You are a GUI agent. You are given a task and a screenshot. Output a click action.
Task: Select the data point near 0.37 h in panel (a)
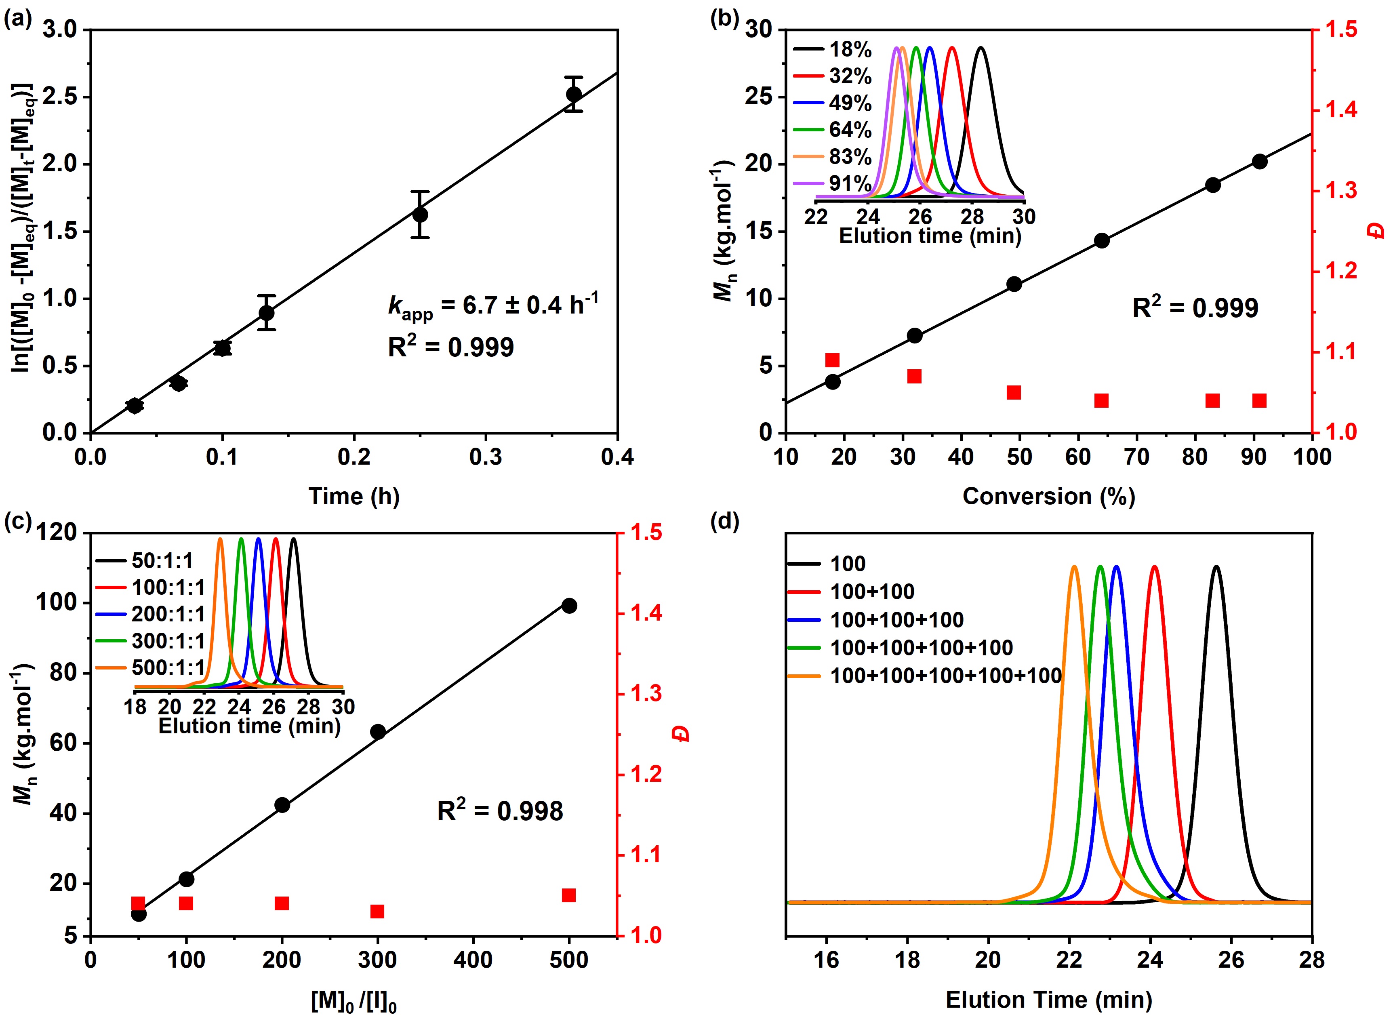pyautogui.click(x=574, y=94)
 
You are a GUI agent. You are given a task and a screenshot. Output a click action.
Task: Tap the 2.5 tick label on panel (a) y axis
pyautogui.click(x=61, y=97)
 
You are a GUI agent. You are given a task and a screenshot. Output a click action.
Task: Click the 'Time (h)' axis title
pyautogui.click(x=354, y=496)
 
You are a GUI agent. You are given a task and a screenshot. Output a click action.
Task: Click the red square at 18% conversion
pyautogui.click(x=833, y=360)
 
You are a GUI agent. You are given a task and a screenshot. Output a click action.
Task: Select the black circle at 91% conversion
pyautogui.click(x=1260, y=161)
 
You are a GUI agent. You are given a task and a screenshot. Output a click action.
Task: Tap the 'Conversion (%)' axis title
pyautogui.click(x=1049, y=496)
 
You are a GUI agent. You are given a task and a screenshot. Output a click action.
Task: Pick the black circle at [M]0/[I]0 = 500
pyautogui.click(x=569, y=606)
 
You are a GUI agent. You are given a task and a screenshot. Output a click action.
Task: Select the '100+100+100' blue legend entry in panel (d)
pyautogui.click(x=896, y=620)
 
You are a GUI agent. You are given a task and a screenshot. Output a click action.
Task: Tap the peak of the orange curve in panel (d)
pyautogui.click(x=1074, y=567)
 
